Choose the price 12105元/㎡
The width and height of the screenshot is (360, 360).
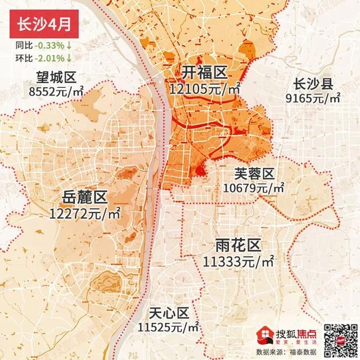click(x=204, y=88)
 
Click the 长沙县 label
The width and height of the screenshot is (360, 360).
click(x=314, y=85)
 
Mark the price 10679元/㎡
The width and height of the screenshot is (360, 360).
click(x=254, y=187)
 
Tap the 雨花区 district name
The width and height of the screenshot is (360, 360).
click(x=238, y=246)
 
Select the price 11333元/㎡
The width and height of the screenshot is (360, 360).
click(x=238, y=261)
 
